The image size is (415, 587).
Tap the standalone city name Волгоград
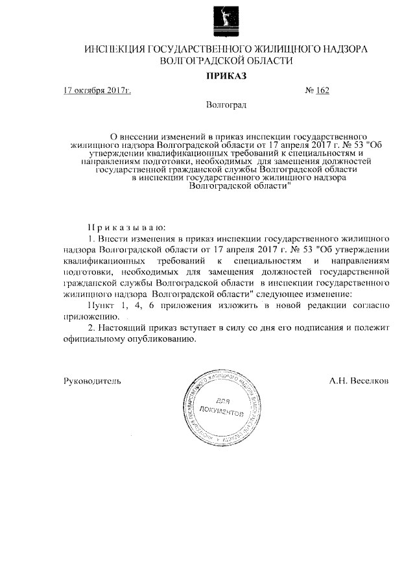226,104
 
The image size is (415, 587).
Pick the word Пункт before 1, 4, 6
100,306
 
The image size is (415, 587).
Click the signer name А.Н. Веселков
359,381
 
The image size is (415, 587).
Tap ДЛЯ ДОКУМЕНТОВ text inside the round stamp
222,407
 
